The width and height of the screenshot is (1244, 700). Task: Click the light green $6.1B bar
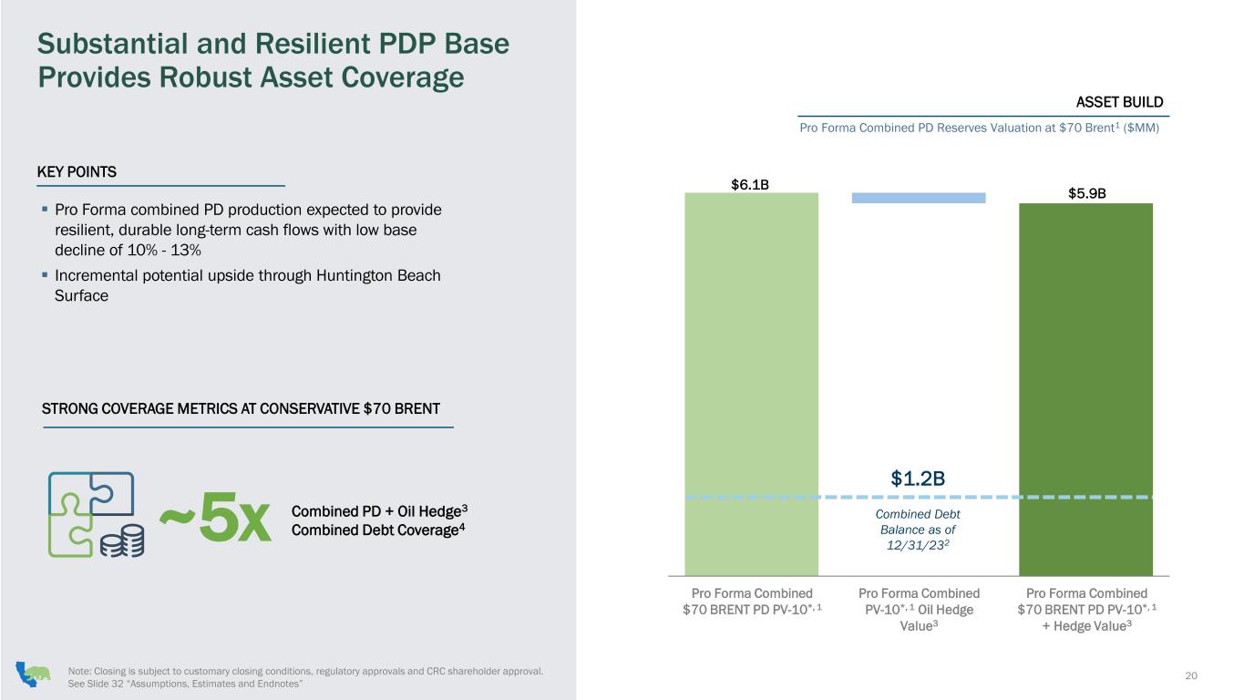pyautogui.click(x=751, y=384)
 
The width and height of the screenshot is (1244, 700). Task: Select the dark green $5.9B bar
pyautogui.click(x=1085, y=389)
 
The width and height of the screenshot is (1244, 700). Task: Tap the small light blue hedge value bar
pyautogui.click(x=919, y=198)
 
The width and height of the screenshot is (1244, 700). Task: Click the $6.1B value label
pyautogui.click(x=750, y=184)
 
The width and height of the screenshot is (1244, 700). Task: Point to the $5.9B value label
pyautogui.click(x=1087, y=193)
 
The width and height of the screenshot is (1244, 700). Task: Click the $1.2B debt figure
pyautogui.click(x=918, y=479)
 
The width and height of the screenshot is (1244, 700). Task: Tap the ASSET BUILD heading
pyautogui.click(x=1119, y=102)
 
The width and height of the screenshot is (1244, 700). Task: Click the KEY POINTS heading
pyautogui.click(x=77, y=171)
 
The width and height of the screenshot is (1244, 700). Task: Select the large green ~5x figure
pyautogui.click(x=215, y=517)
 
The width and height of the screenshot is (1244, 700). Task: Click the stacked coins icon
pyautogui.click(x=122, y=540)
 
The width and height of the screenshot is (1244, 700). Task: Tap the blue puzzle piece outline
pyautogui.click(x=91, y=493)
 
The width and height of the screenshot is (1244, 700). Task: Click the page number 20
pyautogui.click(x=1190, y=675)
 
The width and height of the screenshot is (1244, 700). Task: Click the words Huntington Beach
pyautogui.click(x=378, y=275)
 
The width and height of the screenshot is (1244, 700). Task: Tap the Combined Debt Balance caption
pyautogui.click(x=918, y=530)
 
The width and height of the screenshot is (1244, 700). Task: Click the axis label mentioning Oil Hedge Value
pyautogui.click(x=919, y=610)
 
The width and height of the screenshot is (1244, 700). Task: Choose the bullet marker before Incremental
pyautogui.click(x=45, y=274)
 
